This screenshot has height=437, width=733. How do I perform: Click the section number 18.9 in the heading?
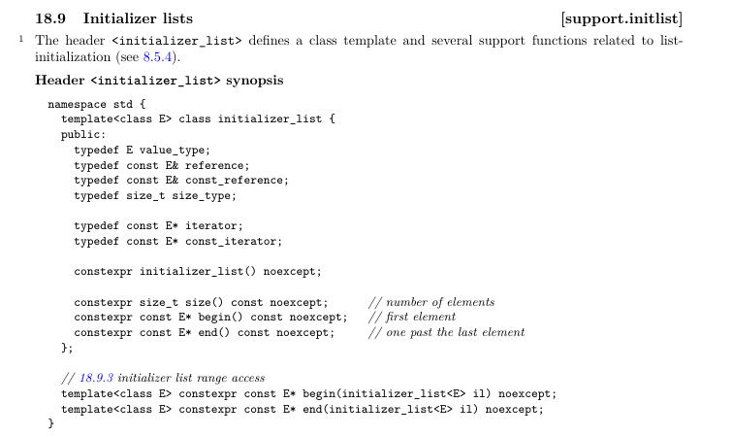pyautogui.click(x=50, y=17)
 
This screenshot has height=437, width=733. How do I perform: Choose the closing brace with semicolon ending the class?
pyautogui.click(x=67, y=347)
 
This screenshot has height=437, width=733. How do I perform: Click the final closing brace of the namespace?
pyautogui.click(x=51, y=423)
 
